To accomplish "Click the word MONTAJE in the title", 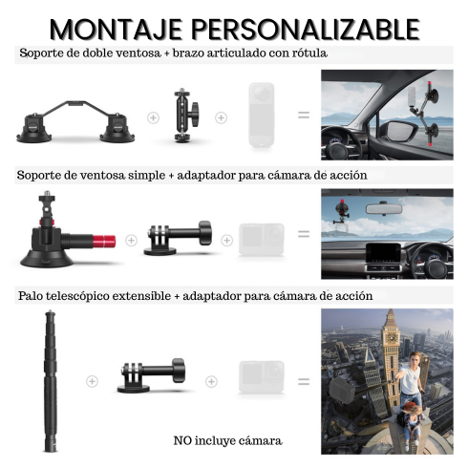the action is [x=116, y=30].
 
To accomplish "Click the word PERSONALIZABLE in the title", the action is [x=306, y=30].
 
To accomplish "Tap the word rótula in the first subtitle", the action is [x=309, y=53].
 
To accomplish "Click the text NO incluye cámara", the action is [x=228, y=441].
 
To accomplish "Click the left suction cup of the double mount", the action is [x=33, y=129].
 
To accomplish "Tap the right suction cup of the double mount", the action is [x=117, y=129].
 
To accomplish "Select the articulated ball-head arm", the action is [x=186, y=115].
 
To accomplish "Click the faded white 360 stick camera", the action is [x=262, y=115].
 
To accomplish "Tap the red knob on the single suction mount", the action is [x=104, y=241].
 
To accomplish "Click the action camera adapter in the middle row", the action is [x=178, y=238].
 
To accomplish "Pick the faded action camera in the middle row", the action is [x=262, y=239].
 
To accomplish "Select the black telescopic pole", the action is [x=51, y=381].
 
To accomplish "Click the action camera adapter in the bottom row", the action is [x=152, y=375].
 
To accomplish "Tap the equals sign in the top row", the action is [x=304, y=115].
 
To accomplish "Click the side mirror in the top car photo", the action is [x=400, y=131].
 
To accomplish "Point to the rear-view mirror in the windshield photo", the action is [x=384, y=209].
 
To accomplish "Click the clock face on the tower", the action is [x=393, y=338].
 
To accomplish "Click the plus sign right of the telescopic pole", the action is [x=92, y=381].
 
